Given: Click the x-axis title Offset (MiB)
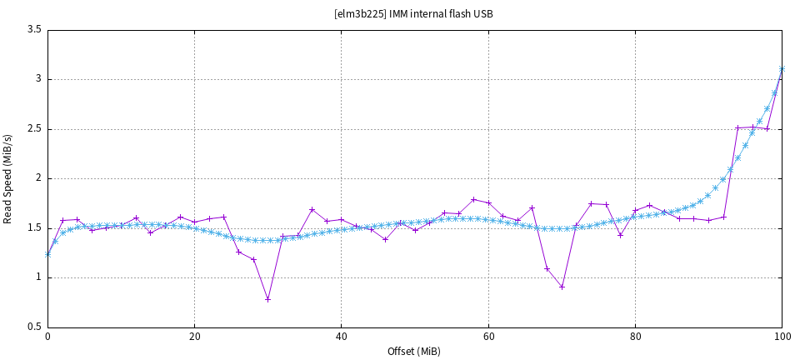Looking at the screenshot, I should [414, 351].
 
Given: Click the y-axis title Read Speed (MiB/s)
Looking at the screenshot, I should [8, 178].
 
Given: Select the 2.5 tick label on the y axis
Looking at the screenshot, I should [34, 129].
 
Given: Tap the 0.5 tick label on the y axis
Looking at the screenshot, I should [34, 327].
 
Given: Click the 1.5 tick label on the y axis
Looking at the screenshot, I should [34, 228].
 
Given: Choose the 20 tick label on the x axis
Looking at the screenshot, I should [194, 337].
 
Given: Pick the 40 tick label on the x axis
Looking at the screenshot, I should [341, 337].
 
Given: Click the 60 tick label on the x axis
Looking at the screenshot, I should [488, 337].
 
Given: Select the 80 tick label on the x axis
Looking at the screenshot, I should [635, 337].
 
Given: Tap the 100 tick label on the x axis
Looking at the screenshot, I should [782, 337].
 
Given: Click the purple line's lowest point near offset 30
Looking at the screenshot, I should [267, 299].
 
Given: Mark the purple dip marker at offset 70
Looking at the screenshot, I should [562, 287].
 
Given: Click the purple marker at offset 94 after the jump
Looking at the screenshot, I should [738, 127].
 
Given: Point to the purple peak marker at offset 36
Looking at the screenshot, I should [312, 209].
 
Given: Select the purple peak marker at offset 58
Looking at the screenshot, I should [473, 199].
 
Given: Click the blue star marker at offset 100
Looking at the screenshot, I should [782, 69].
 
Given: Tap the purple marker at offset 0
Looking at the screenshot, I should [47, 254].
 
